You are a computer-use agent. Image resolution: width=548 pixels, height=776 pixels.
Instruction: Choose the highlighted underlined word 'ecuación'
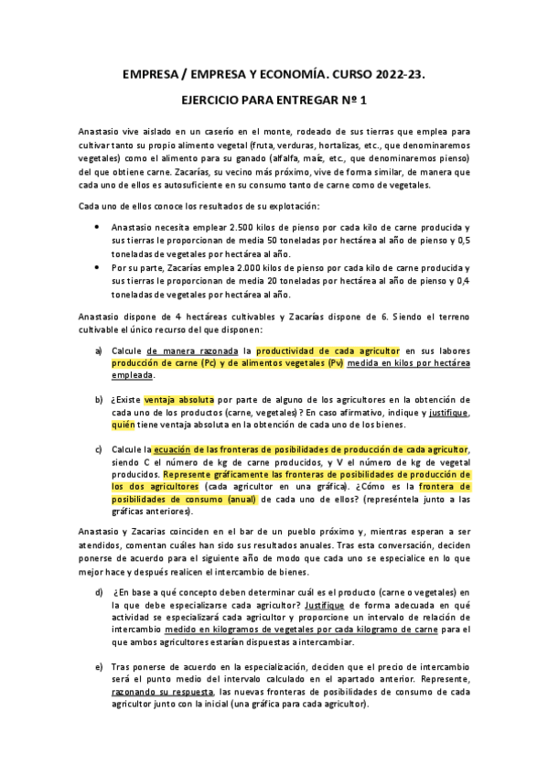(x=174, y=448)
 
